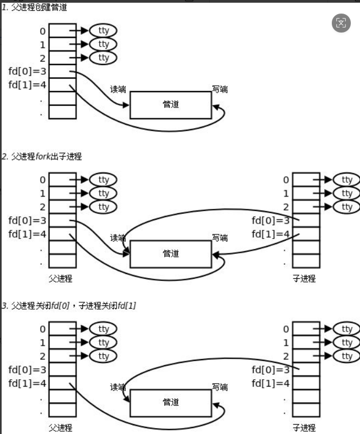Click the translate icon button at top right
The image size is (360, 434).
point(341,23)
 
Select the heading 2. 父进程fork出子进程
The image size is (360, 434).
point(41,156)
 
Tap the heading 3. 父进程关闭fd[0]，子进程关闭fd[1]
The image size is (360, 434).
point(68,306)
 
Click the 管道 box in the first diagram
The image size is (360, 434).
point(170,105)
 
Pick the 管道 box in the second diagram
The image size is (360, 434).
point(170,254)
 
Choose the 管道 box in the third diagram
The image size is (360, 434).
point(170,403)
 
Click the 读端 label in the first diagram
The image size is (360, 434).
point(118,89)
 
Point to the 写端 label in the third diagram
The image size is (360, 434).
point(220,387)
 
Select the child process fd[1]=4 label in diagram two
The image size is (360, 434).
point(271,234)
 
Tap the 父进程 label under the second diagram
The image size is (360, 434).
point(60,279)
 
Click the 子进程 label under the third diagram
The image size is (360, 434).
point(304,427)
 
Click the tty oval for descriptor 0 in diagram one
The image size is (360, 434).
point(104,31)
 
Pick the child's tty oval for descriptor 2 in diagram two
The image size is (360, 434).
point(347,207)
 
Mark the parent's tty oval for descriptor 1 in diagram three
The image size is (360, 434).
point(104,342)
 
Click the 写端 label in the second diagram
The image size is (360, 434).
point(220,238)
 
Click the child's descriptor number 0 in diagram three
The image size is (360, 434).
point(286,329)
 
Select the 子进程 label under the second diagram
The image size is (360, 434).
point(304,279)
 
